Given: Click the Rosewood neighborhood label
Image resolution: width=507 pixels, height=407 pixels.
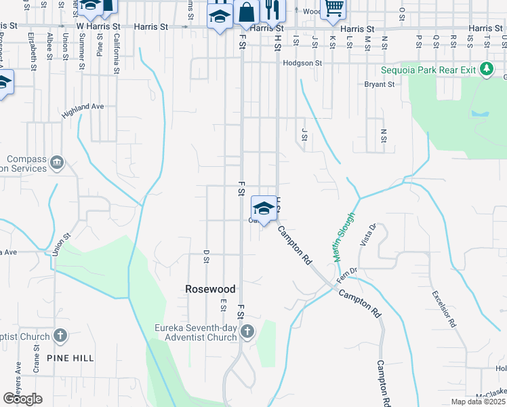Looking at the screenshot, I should click(x=210, y=289).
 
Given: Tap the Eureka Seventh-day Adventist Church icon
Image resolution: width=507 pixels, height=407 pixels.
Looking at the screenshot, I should click(x=247, y=332).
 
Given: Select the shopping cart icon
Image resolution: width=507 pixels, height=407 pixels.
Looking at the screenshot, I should click(x=332, y=8).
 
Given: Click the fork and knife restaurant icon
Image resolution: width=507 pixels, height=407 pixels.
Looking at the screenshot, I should click(x=272, y=9).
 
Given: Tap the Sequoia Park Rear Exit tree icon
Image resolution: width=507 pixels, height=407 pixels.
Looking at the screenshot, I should click(x=486, y=69).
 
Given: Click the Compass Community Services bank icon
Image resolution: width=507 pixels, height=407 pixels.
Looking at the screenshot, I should click(x=57, y=163).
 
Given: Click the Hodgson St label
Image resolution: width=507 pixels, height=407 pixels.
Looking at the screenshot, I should click(x=302, y=63).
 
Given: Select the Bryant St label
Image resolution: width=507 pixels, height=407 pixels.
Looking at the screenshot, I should click(x=379, y=85).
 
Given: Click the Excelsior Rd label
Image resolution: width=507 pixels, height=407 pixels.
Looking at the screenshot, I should click(x=443, y=309).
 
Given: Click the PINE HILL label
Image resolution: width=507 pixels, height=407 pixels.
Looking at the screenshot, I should click(x=70, y=357).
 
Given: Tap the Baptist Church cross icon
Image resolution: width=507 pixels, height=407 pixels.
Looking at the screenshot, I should click(x=61, y=336).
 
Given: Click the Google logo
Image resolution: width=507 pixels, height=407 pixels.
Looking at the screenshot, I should click(x=22, y=398).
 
